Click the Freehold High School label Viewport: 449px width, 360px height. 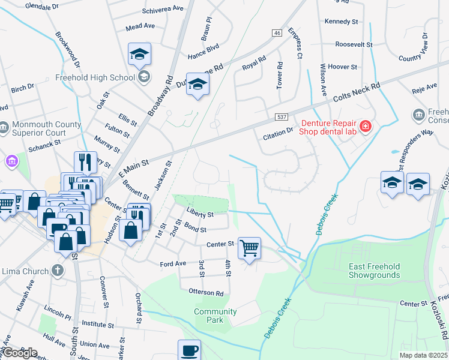(x=95, y=77)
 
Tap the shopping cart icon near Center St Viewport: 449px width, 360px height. (x=249, y=247)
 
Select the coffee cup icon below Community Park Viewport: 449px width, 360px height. (x=189, y=350)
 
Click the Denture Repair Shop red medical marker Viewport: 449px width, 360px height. (x=366, y=126)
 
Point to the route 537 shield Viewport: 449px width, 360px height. (x=282, y=116)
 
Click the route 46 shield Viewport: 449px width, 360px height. (x=276, y=33)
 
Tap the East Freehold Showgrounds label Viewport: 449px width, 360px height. (x=375, y=271)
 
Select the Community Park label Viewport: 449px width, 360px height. (x=215, y=316)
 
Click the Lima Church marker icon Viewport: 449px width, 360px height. (x=58, y=270)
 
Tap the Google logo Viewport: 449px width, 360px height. (x=20, y=352)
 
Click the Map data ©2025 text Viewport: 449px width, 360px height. (x=424, y=355)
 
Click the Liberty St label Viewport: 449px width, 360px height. (x=200, y=214)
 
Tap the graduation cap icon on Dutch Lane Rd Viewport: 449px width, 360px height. (x=197, y=85)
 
